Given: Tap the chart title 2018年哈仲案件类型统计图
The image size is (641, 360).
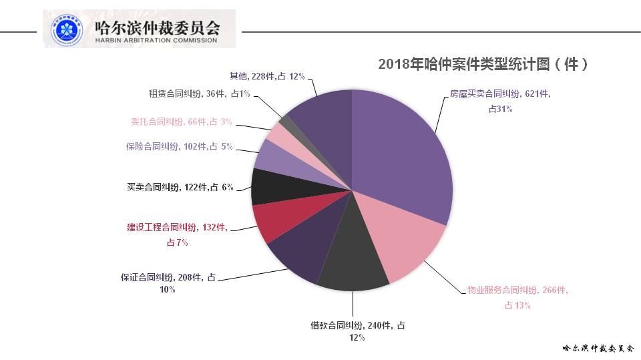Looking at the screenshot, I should point(483,64).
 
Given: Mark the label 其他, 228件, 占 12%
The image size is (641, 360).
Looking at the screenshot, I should point(266,76).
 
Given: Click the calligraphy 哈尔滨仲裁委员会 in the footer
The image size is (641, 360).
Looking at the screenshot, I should point(597,349).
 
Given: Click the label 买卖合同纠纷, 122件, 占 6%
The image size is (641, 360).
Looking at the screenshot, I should point(180,188).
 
